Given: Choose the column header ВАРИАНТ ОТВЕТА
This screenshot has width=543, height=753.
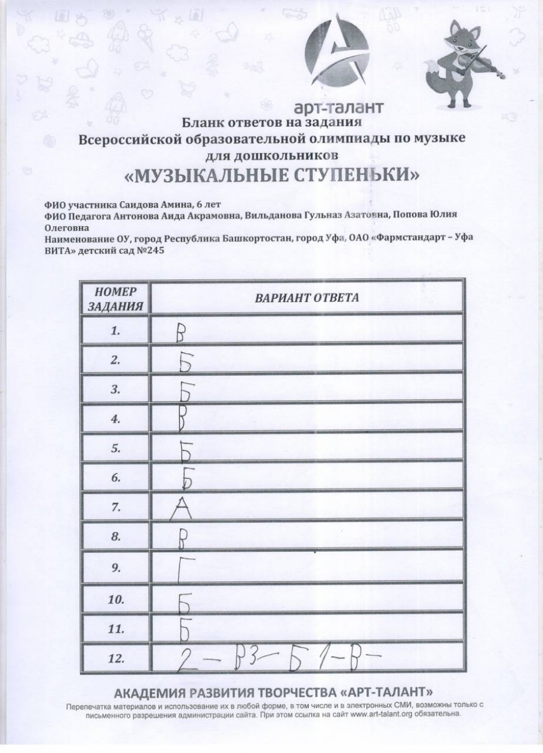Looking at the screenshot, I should click(x=307, y=297).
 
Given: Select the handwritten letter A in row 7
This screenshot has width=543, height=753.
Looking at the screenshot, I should click(x=180, y=509).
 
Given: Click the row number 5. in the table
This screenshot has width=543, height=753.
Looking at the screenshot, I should click(x=115, y=449).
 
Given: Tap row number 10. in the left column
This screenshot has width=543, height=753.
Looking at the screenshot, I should click(x=116, y=600).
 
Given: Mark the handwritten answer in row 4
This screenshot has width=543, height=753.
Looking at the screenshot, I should click(x=182, y=421).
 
